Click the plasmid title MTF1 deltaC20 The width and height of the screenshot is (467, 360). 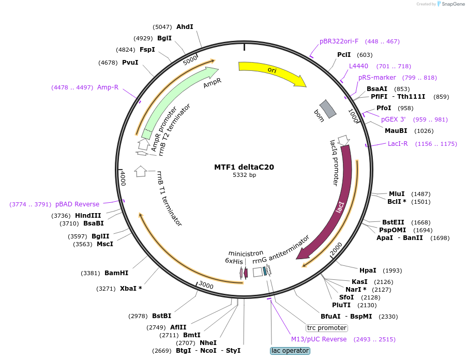(244, 167)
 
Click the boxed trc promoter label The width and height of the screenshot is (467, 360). (327, 328)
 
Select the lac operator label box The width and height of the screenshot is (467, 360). (290, 351)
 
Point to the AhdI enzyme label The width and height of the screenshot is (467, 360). (185, 26)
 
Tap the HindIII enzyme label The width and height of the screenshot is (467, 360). (89, 215)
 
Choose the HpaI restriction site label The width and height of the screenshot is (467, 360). (368, 270)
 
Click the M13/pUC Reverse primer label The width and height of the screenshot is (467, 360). (319, 339)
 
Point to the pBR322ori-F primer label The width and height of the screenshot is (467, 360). (339, 41)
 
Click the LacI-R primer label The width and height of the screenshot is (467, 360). (398, 144)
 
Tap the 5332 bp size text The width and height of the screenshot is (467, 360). (244, 175)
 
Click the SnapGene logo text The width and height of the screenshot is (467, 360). (453, 4)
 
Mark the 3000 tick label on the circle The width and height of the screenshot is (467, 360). (206, 285)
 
